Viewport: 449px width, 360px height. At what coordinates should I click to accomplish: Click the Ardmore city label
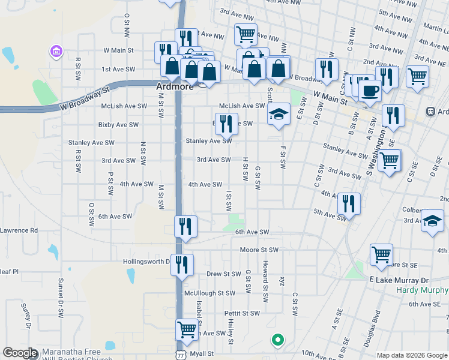[x=175, y=86]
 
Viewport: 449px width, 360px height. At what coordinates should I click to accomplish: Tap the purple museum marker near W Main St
[x=57, y=52]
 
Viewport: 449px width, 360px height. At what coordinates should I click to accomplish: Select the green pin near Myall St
[x=277, y=341]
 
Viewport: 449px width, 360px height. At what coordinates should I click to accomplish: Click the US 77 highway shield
[x=181, y=355]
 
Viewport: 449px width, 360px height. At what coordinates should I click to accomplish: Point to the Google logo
[x=20, y=353]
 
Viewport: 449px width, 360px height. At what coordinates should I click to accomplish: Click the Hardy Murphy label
[x=423, y=290]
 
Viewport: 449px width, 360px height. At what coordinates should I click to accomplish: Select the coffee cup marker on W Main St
[x=370, y=91]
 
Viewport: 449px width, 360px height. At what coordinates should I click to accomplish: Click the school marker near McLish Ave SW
[x=279, y=114]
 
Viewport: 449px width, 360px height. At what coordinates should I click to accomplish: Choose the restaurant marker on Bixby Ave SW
[x=226, y=124]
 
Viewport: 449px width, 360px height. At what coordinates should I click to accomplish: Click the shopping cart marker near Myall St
[x=187, y=329]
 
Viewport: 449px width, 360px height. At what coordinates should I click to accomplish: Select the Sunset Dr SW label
[x=61, y=296]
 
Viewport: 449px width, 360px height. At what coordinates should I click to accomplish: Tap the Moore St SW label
[x=259, y=250]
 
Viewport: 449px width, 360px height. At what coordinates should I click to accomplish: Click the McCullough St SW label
[x=209, y=293]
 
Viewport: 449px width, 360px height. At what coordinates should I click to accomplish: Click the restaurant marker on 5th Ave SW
[x=348, y=203]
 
